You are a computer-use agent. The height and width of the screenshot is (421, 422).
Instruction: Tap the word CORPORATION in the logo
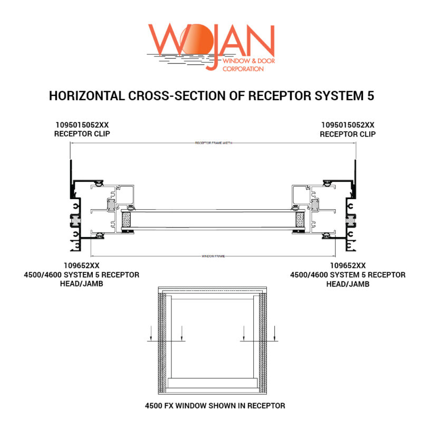point(244,68)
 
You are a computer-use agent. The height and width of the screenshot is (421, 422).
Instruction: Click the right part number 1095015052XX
point(348,125)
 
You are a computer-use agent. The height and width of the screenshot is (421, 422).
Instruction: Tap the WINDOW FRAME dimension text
point(213,256)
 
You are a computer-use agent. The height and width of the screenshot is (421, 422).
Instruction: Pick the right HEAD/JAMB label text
point(348,284)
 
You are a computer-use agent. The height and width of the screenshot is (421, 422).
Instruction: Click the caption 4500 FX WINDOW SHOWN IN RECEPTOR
point(215,406)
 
